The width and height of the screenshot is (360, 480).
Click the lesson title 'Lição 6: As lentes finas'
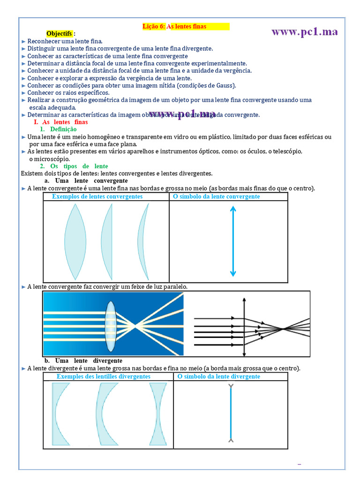(x=174, y=27)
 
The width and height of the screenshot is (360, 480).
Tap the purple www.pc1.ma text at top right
(x=304, y=31)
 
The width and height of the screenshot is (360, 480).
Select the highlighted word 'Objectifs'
(x=60, y=34)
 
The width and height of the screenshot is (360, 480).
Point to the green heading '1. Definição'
(x=59, y=129)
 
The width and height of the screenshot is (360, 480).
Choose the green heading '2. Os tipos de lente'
(x=74, y=166)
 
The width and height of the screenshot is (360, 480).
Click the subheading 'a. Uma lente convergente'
(x=86, y=180)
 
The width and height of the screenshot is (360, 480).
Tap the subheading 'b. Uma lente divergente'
(x=83, y=360)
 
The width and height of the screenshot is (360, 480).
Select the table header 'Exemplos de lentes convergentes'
(x=97, y=197)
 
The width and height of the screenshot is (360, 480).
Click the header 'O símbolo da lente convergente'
(x=216, y=197)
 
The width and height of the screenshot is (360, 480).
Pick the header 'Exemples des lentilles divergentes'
(x=104, y=376)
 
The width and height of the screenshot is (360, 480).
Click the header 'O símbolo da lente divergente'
(x=219, y=376)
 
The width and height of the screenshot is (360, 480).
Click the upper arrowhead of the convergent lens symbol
(x=233, y=209)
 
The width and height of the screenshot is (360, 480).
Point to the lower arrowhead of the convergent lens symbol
(x=233, y=274)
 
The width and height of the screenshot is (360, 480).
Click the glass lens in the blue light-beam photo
(x=111, y=327)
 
